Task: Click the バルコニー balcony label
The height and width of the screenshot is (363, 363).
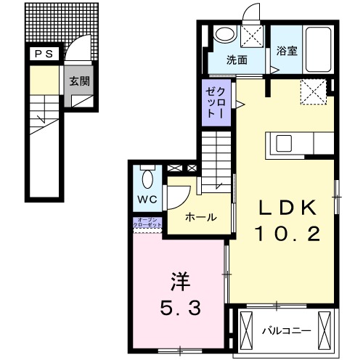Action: click(x=287, y=330)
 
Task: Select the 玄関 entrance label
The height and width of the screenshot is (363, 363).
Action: click(x=80, y=81)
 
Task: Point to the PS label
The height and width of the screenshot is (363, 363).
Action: click(x=39, y=53)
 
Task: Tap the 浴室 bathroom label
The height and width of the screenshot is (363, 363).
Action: click(x=285, y=51)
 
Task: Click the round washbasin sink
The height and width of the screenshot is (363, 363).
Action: click(x=225, y=33)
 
